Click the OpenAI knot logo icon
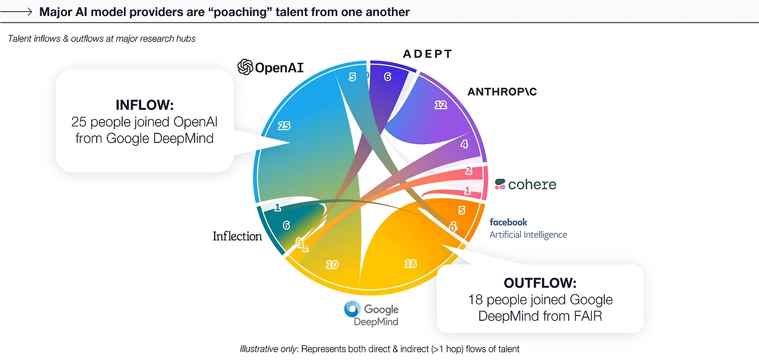[245, 67]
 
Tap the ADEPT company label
[428, 54]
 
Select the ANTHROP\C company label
[502, 91]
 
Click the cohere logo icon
[500, 184]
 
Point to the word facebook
[508, 222]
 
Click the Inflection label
[237, 236]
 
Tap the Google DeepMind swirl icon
[352, 309]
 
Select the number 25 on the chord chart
[284, 126]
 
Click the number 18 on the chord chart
[410, 263]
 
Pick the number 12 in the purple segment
[441, 105]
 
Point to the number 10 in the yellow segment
[332, 265]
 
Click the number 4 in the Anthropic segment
[464, 144]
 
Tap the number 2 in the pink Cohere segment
[468, 170]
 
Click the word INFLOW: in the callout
[145, 105]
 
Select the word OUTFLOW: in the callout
[540, 283]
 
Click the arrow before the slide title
[16, 12]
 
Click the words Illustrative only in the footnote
[268, 349]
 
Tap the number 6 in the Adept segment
[388, 77]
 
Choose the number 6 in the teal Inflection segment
[286, 225]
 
